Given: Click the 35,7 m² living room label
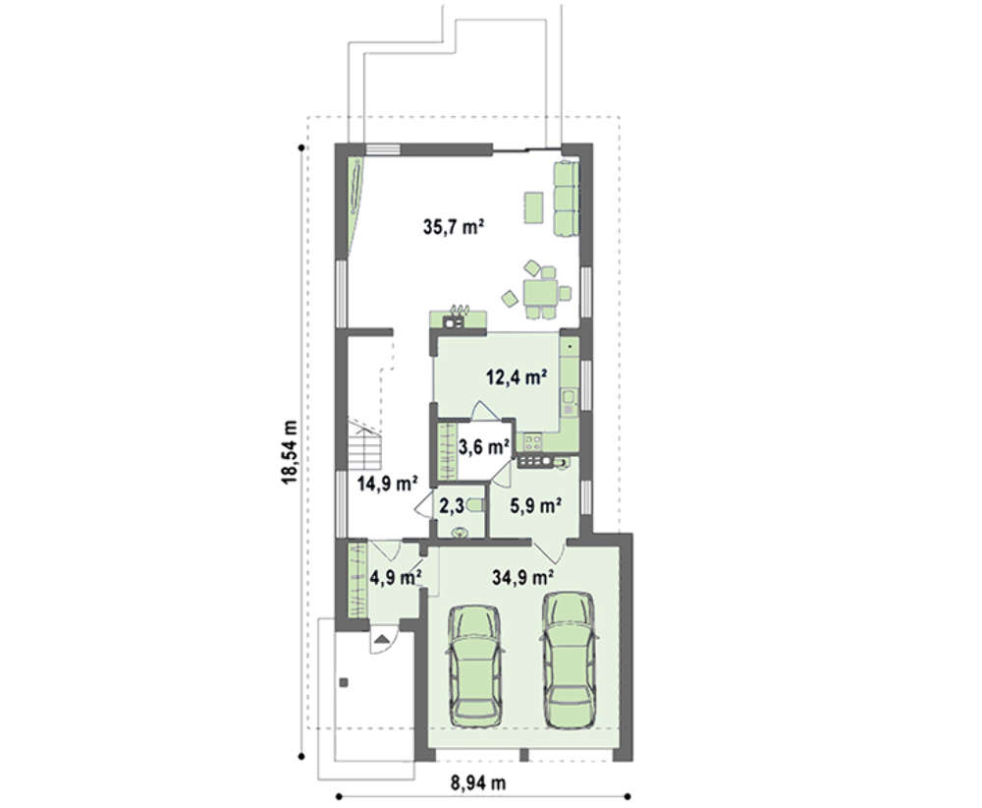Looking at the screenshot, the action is [454, 226].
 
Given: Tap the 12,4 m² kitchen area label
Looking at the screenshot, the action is [518, 377].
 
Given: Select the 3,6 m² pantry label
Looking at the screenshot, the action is [484, 447].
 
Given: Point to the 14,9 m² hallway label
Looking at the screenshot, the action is [388, 484].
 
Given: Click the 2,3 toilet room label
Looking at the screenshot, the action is [451, 506].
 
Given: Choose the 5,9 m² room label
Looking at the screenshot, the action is [535, 505].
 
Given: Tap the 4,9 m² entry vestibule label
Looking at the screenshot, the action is [395, 577].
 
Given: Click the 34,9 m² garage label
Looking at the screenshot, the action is [522, 577].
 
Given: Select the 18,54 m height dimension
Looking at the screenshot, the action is [289, 451].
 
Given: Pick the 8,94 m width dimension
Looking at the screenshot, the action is [478, 782].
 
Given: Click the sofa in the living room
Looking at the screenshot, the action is [565, 199].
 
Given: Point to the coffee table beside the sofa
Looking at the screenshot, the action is [533, 207].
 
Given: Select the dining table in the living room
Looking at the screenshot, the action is [540, 292].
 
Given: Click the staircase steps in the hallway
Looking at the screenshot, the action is [364, 446].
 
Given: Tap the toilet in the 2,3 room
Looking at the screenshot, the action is [475, 505].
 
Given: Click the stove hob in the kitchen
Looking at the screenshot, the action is [533, 442].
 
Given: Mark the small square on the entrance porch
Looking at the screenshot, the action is [344, 682].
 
